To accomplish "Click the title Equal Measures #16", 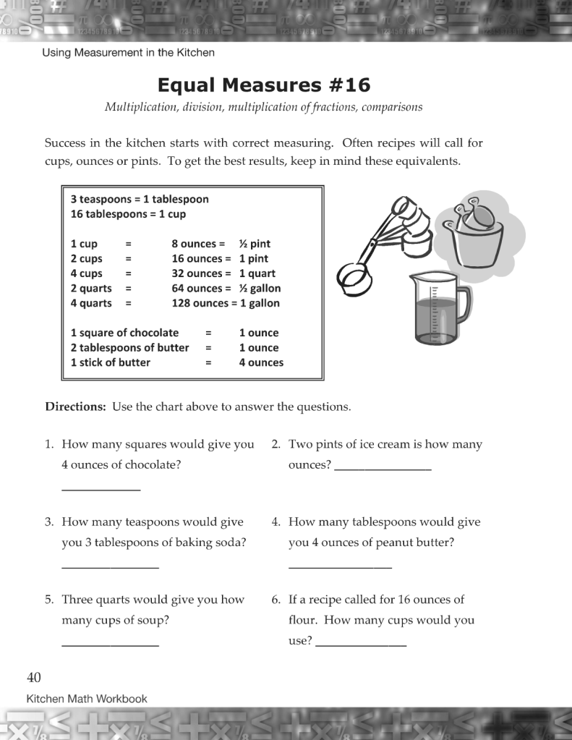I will (263, 85).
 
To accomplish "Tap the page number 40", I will (34, 678).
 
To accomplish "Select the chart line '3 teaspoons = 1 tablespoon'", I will (140, 199).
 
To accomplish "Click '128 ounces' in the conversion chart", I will (197, 303).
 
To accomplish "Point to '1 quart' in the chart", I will (257, 273).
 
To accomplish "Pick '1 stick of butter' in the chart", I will (111, 362).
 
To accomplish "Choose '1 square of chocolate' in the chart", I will (124, 333).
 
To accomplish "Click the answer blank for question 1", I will (101, 490).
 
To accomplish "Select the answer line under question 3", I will (110, 567).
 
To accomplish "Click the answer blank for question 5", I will (110, 645).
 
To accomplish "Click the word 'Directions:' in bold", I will (76, 407).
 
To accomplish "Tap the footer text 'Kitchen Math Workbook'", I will (87, 699).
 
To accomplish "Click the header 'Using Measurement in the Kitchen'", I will (128, 53).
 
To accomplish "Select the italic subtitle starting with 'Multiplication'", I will (263, 107).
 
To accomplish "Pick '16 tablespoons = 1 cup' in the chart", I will (128, 214).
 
